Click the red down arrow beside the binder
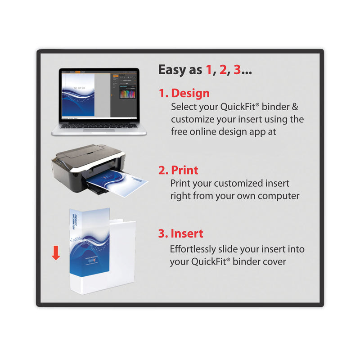pyautogui.click(x=56, y=253)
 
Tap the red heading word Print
pyautogui.click(x=184, y=171)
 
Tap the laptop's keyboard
pyautogui.click(x=94, y=126)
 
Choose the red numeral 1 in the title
pyautogui.click(x=208, y=70)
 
